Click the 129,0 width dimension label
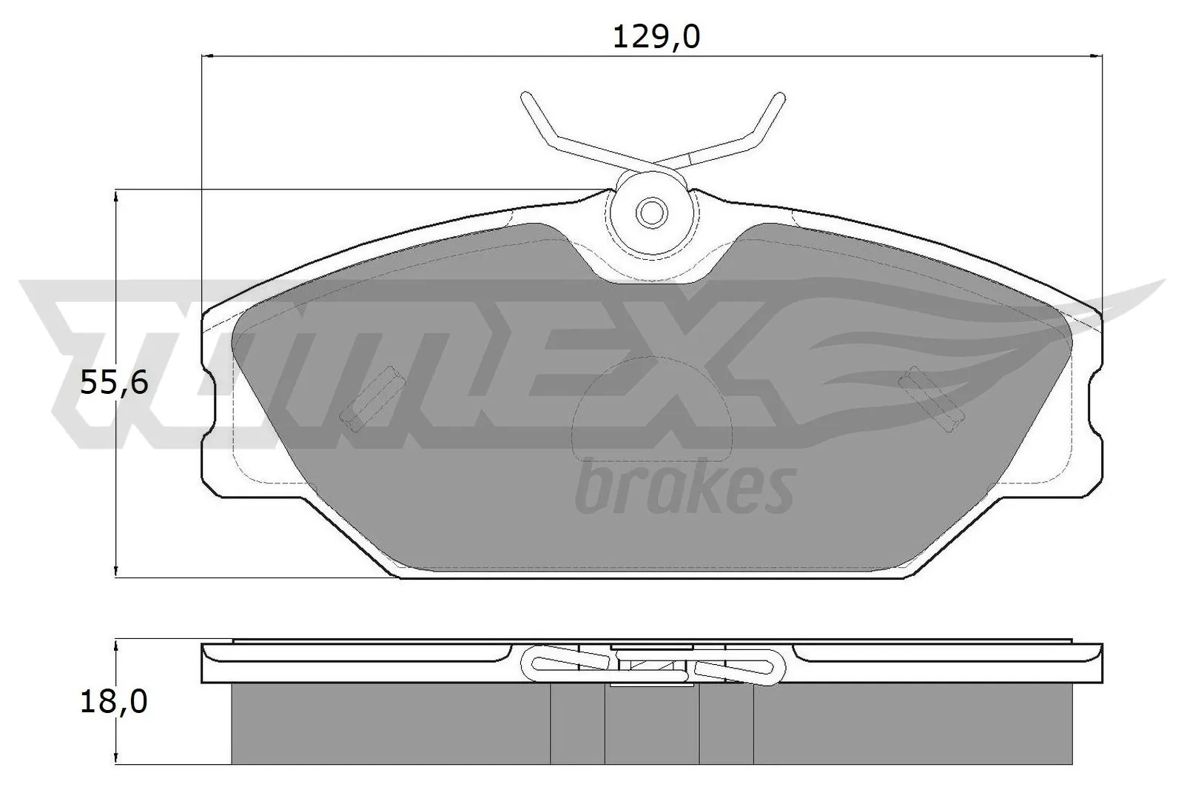click(x=656, y=36)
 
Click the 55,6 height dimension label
click(x=114, y=384)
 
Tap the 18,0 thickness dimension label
click(x=114, y=702)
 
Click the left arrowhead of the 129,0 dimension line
click(x=207, y=56)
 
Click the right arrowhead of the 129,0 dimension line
click(x=1097, y=56)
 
